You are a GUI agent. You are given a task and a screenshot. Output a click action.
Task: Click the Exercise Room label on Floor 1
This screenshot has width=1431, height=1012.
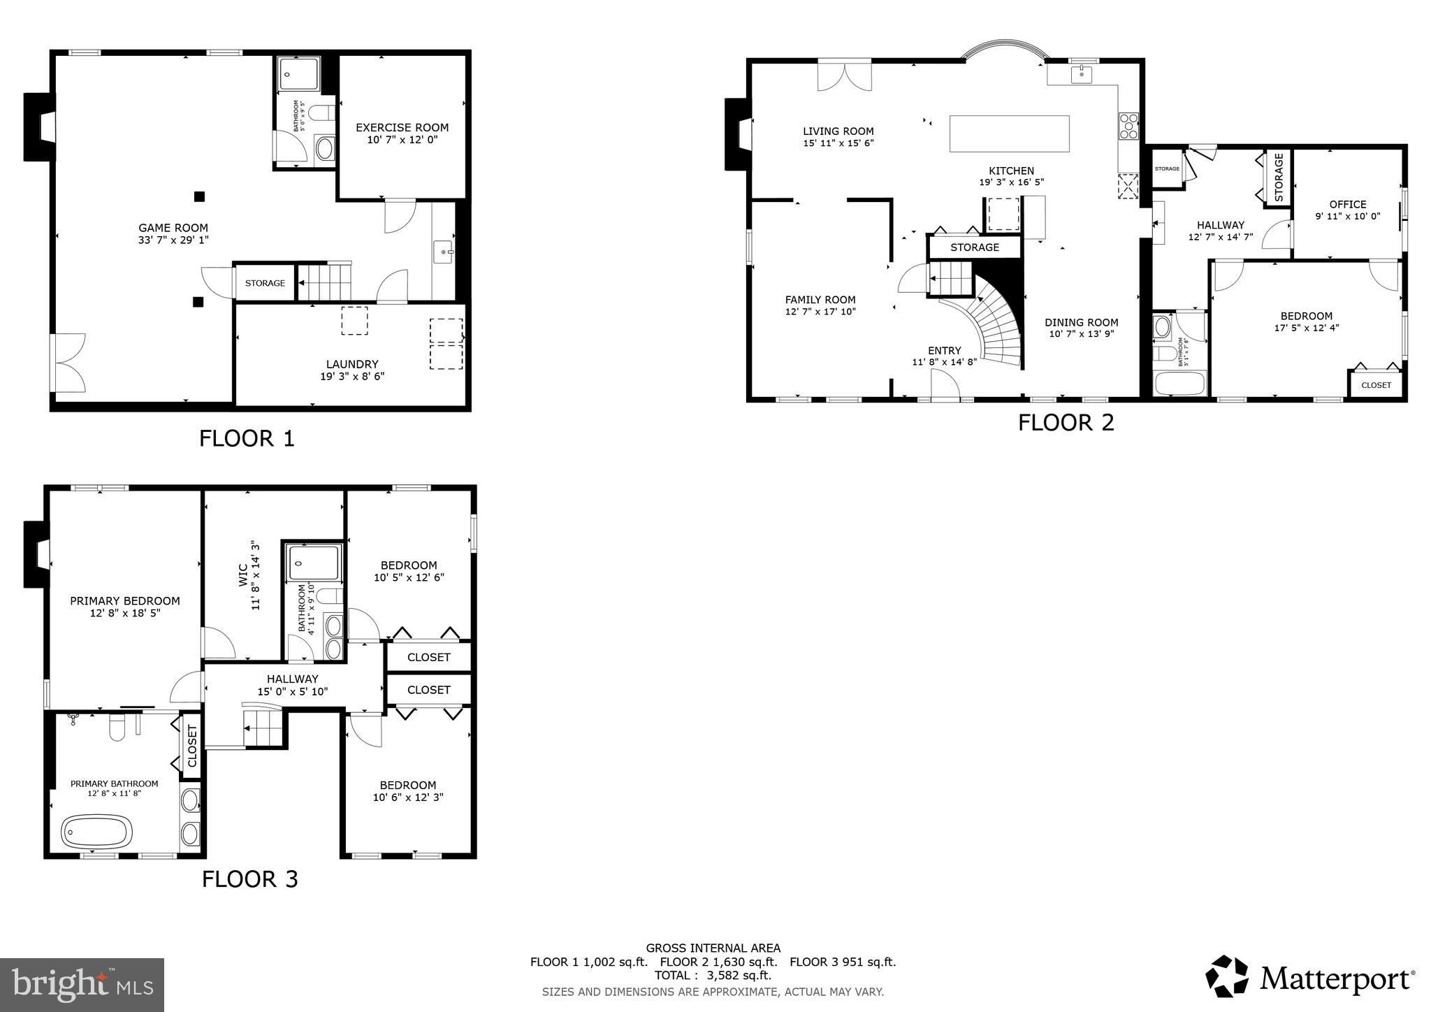tap(402, 127)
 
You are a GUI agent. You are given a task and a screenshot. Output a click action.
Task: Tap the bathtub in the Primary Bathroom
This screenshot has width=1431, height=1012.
tap(96, 832)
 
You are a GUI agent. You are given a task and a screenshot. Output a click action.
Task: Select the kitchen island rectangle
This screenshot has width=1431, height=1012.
tap(1009, 133)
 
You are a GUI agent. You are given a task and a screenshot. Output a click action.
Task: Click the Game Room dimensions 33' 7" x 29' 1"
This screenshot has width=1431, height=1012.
tap(173, 240)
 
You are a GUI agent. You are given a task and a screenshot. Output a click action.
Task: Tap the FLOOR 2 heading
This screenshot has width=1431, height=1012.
tap(1066, 423)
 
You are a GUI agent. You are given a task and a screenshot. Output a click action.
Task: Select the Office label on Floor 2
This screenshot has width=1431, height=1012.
tap(1347, 204)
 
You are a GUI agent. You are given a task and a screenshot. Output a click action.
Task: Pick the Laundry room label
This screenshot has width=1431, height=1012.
tap(351, 364)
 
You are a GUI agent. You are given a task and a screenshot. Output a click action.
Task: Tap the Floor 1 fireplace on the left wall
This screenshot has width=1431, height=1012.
tap(40, 127)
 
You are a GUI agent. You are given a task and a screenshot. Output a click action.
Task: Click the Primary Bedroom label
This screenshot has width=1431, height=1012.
tap(124, 600)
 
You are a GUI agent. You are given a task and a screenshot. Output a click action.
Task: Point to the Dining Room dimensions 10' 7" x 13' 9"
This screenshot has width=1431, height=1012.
tap(1081, 334)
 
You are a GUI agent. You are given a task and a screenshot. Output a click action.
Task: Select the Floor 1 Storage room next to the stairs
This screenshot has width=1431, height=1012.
tap(265, 283)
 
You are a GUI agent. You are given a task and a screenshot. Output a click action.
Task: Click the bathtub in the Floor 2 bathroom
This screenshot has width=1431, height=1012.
tap(1179, 384)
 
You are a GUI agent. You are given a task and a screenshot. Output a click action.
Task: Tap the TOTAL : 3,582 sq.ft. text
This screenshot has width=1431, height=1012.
tap(713, 975)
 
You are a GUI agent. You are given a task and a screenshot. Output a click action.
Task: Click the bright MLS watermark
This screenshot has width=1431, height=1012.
tap(82, 984)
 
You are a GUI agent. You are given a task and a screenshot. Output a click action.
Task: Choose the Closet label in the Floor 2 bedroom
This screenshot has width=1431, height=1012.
tap(1376, 385)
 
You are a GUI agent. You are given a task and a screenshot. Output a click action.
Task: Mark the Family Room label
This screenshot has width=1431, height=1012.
tap(820, 300)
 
